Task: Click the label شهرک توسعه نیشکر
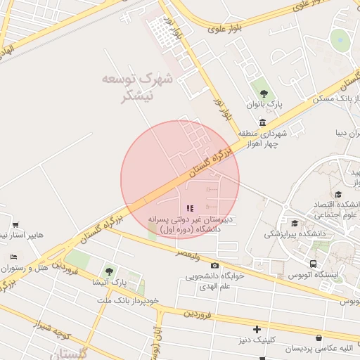tap(137, 88)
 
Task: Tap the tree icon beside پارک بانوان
tap(264, 94)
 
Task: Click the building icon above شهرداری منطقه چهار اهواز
tap(262, 122)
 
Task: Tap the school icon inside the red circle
tap(190, 208)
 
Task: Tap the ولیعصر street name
tap(191, 252)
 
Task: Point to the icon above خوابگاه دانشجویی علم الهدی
tap(214, 265)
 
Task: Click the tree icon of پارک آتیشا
tap(108, 271)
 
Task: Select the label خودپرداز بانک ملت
tap(128, 300)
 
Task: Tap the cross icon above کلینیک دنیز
tap(257, 328)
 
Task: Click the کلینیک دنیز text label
tap(257, 339)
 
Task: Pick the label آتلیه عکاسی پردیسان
tap(320, 349)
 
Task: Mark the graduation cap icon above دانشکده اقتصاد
tap(338, 194)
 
